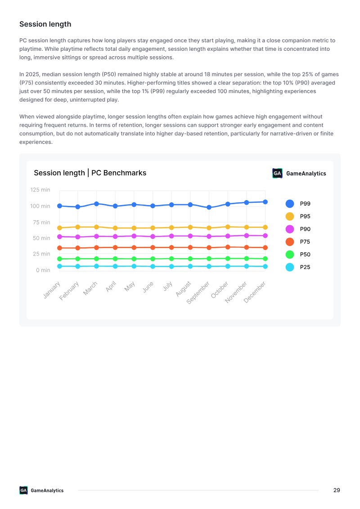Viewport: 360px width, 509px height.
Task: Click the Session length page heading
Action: coord(45,24)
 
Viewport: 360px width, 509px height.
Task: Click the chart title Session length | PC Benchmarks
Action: coord(90,173)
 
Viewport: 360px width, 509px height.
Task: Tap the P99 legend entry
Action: coord(298,204)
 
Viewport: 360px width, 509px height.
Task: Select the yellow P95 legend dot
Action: coord(290,216)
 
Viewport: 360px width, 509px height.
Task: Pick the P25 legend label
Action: coord(305,267)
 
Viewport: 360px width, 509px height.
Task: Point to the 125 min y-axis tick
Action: coord(40,190)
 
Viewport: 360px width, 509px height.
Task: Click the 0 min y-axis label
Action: coord(43,270)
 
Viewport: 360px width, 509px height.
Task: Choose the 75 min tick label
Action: coord(41,223)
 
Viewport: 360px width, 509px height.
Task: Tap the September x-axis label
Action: coord(198,293)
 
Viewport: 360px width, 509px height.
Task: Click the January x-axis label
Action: coord(52,290)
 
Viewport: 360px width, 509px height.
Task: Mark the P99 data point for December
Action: coord(265,202)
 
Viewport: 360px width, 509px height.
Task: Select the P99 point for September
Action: coord(209,207)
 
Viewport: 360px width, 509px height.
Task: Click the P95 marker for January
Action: coord(59,228)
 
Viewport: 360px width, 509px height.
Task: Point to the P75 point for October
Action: coord(228,247)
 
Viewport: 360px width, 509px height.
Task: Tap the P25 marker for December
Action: coord(265,267)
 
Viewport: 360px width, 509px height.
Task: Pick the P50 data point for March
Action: coord(96,259)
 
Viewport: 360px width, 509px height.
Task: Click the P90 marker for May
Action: coord(134,236)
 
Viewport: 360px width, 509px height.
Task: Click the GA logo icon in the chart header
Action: coord(277,174)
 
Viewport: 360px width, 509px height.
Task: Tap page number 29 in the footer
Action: coord(337,490)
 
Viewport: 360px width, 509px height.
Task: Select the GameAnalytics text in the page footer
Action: coord(47,491)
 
